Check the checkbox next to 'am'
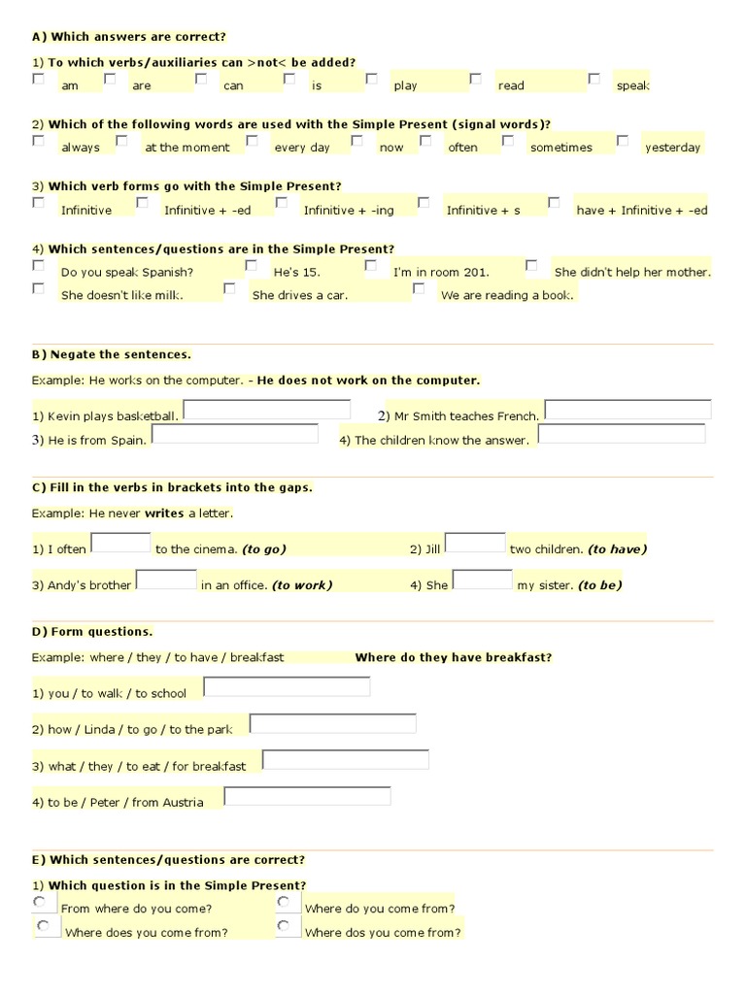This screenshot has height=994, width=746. (38, 80)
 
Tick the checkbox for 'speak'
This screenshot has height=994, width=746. (593, 79)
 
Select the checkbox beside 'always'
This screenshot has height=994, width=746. (38, 141)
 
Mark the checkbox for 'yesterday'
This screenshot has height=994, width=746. (622, 141)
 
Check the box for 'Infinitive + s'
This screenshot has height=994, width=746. (424, 203)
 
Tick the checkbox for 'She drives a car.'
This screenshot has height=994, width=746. (229, 288)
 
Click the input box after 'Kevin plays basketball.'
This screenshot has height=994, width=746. (267, 410)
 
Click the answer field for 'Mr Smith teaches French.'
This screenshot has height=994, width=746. (627, 410)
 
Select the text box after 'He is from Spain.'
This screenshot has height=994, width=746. (235, 434)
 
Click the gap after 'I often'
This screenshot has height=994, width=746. (120, 544)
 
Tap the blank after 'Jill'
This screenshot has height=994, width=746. (475, 544)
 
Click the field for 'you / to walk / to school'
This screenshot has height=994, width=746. (287, 687)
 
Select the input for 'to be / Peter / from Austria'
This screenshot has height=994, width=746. (307, 796)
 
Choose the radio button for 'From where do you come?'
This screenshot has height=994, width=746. (39, 902)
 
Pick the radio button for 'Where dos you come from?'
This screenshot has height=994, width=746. (284, 926)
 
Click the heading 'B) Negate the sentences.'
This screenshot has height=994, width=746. (112, 355)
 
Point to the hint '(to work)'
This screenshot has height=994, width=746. (302, 585)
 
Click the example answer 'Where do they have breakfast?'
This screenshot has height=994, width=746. (454, 658)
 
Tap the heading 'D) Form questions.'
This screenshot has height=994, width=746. (92, 632)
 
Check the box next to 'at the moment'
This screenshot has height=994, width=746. (122, 141)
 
